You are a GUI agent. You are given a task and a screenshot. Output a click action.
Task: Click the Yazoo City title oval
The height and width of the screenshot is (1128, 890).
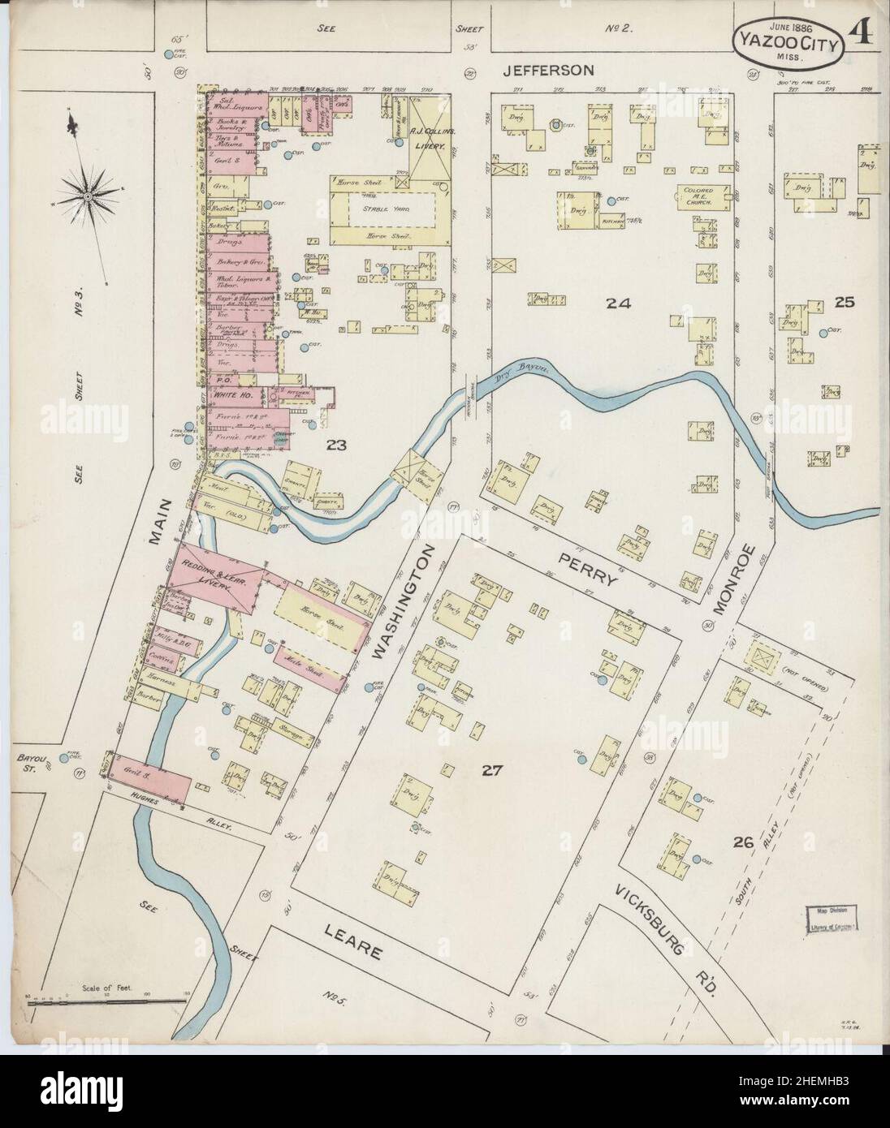click(787, 36)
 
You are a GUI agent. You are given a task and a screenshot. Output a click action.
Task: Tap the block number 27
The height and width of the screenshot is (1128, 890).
click(491, 770)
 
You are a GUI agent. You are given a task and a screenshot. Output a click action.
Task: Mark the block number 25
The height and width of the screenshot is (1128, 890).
click(844, 302)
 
